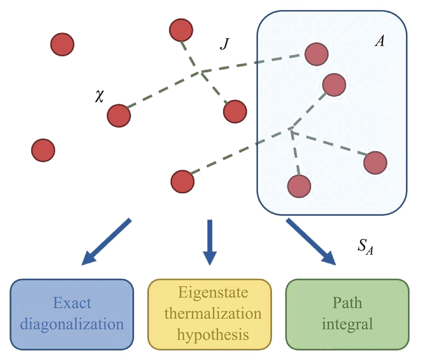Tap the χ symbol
tap(100, 97)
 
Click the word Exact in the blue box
tap(73, 303)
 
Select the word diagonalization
tap(73, 324)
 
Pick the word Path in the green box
tap(347, 303)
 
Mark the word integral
tap(347, 324)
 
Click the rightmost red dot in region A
tap(375, 162)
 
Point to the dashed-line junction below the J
tap(201, 73)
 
